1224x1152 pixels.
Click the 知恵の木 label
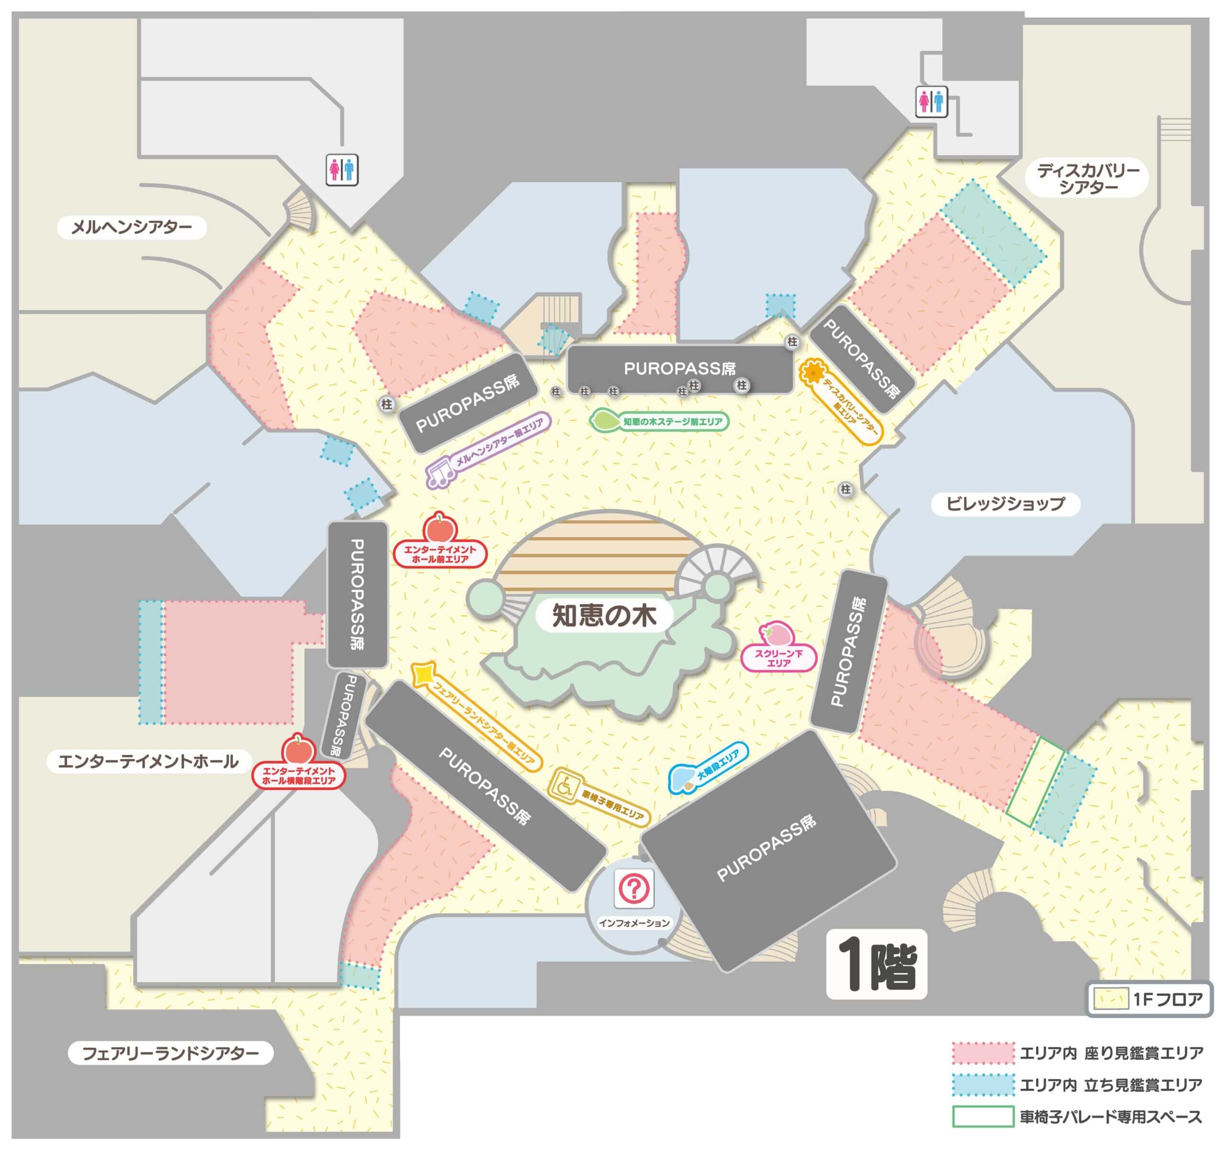coord(604,615)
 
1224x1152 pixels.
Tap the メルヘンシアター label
coord(132,227)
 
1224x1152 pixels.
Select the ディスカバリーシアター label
coord(1087,178)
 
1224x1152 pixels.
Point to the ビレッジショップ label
coord(1005,504)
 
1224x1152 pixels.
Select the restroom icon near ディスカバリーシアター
coord(931,101)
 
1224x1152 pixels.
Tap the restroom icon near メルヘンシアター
coord(342,170)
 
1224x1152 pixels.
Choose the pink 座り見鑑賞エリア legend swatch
coord(983,1053)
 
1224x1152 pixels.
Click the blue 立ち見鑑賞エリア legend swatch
coord(983,1086)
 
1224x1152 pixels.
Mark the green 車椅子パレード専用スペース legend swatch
coord(983,1117)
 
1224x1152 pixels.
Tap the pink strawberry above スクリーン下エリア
coord(777,632)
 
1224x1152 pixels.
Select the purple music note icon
coord(441,473)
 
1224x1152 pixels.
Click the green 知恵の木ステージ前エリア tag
coord(659,421)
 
